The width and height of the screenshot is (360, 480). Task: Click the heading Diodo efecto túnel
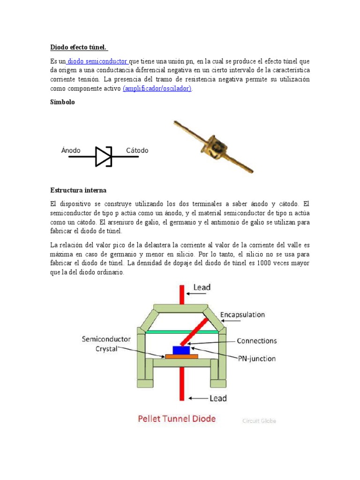(x=79, y=47)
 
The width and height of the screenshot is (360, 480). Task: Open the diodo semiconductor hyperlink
(x=97, y=61)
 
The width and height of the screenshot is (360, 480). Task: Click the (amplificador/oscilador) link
(x=157, y=89)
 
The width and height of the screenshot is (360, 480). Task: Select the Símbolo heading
(x=62, y=102)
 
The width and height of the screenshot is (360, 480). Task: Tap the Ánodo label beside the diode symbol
(x=71, y=150)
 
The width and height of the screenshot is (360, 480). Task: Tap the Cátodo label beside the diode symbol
(x=137, y=150)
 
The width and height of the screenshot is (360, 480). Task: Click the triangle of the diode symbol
(x=102, y=157)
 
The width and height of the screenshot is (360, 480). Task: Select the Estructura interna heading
(x=78, y=190)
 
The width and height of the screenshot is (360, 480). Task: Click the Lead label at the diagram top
(x=202, y=287)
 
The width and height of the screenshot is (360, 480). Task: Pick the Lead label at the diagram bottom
(x=217, y=398)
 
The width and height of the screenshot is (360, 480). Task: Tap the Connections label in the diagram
(x=257, y=341)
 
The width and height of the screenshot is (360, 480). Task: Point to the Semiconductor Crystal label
(x=106, y=344)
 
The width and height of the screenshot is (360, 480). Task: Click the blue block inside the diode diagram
(x=181, y=350)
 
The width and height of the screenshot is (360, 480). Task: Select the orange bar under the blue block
(x=181, y=357)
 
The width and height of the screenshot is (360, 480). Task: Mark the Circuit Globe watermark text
(x=259, y=421)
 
